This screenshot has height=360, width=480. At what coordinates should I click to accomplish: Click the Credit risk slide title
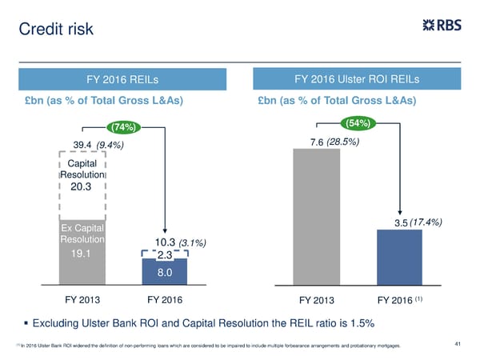coord(56,30)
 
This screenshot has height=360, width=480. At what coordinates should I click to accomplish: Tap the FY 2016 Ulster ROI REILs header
coord(357,79)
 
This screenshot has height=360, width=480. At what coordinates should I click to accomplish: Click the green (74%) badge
coord(125,126)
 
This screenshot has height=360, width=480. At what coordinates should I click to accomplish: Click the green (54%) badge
coord(357,123)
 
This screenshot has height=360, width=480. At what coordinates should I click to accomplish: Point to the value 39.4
coord(83,144)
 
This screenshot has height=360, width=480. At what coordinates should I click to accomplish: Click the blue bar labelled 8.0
coord(165,272)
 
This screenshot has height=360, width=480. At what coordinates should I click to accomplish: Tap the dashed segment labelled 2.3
coord(165,254)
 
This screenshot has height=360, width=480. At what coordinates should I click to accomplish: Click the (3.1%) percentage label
coord(192,242)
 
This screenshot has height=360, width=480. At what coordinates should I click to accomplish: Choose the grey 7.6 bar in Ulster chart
coord(317,216)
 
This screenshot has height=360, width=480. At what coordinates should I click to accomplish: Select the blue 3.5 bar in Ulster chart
coord(399,256)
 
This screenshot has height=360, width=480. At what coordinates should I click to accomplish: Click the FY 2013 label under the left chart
coord(82,300)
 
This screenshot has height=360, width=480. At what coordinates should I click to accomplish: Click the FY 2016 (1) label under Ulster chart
coord(402,301)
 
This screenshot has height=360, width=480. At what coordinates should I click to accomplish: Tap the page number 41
coord(458,344)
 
